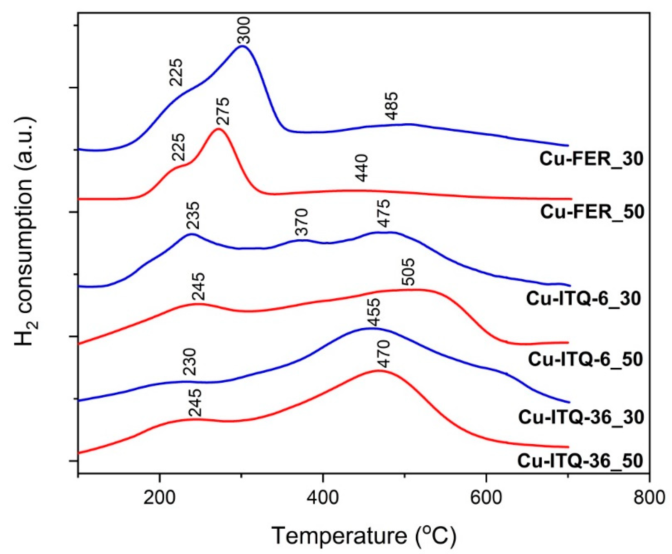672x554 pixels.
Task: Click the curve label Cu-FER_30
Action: coord(591,159)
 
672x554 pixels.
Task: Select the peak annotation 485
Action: coord(391,106)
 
